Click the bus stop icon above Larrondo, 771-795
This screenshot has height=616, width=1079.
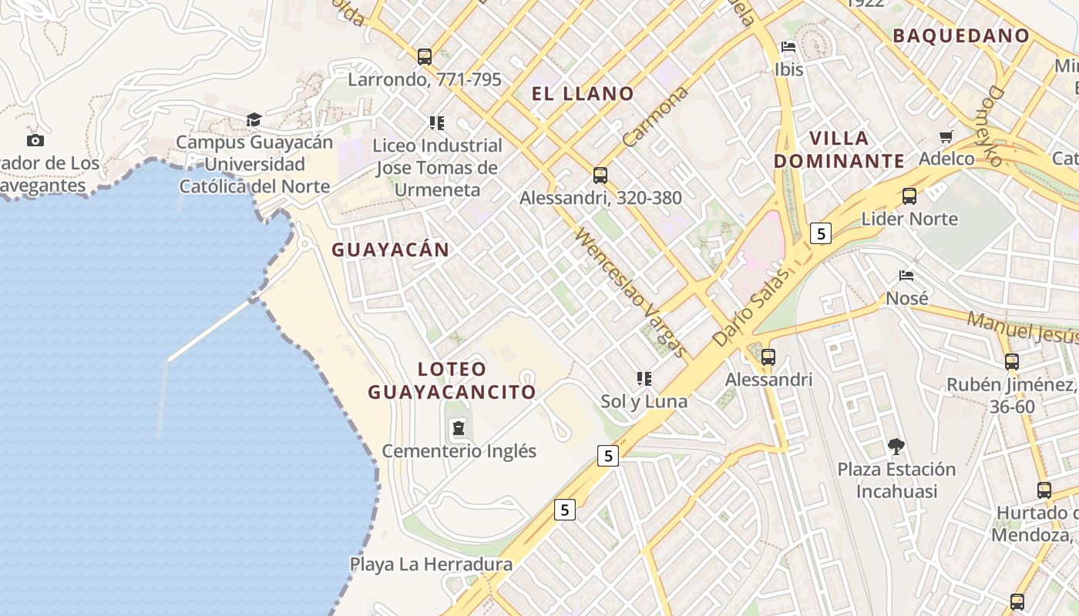pos(425,56)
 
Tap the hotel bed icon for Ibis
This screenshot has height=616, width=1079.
pos(788,47)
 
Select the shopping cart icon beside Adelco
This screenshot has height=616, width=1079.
pos(946,137)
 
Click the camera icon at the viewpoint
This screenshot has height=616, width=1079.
pos(35,140)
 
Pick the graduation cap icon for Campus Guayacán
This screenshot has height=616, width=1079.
pos(254,119)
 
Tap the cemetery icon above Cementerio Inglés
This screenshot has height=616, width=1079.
pos(459,427)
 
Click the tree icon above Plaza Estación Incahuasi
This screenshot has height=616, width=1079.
pos(896,446)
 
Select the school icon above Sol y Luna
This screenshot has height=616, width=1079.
pos(644,378)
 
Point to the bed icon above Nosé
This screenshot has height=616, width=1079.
pos(906,275)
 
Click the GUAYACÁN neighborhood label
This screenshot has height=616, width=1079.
pos(390,249)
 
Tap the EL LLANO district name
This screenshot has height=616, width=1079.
pos(583,94)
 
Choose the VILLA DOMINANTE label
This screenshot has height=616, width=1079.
pos(839,149)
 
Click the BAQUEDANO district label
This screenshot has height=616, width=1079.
pos(960,35)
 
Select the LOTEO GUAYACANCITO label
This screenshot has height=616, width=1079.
pos(452,380)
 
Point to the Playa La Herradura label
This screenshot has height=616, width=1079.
pos(431,564)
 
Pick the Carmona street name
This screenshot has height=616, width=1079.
pos(654,117)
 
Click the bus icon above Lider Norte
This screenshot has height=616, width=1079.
pos(909,196)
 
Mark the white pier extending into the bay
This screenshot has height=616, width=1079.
pos(210,330)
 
